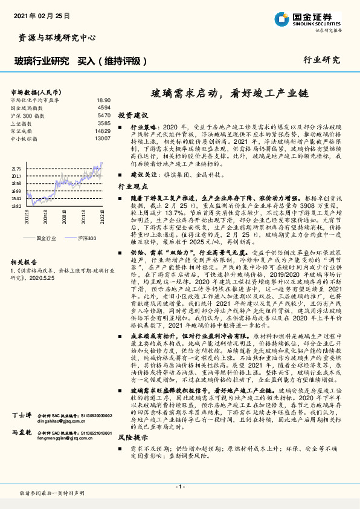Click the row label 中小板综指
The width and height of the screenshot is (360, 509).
[26, 138]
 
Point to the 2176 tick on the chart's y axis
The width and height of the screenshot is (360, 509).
[16, 169]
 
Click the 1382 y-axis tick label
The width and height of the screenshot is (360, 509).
[16, 206]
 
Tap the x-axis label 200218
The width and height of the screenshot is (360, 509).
[28, 216]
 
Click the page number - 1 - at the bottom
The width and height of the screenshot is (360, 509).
[179, 487]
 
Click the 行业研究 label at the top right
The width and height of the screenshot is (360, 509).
[321, 60]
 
